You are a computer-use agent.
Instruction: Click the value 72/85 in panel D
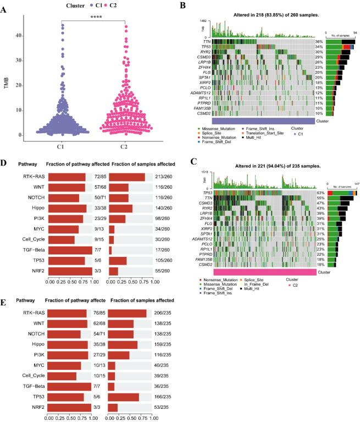click(x=101, y=177)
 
